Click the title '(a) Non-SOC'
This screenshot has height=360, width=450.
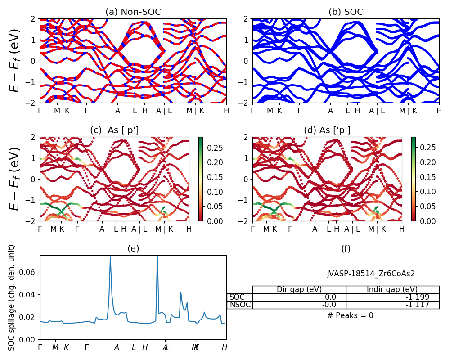point(133,12)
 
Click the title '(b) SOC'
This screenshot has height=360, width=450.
point(346,12)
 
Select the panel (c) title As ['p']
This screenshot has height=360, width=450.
point(114,130)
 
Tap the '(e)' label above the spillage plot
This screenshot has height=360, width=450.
point(133,248)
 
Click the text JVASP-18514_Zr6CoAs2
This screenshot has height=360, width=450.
point(371,274)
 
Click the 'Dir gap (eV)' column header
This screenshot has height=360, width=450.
point(299,289)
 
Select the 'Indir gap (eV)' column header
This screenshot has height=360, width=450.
point(392,289)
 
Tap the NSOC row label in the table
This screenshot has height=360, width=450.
point(240,305)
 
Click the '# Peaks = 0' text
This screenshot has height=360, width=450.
point(350,315)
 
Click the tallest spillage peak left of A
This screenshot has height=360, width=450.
point(110,257)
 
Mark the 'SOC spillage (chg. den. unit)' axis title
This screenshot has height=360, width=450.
point(12,297)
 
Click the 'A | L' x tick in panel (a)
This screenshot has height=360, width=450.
point(163,111)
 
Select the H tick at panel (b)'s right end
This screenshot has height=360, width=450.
point(439,111)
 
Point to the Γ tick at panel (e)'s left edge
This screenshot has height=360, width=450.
point(40,347)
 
